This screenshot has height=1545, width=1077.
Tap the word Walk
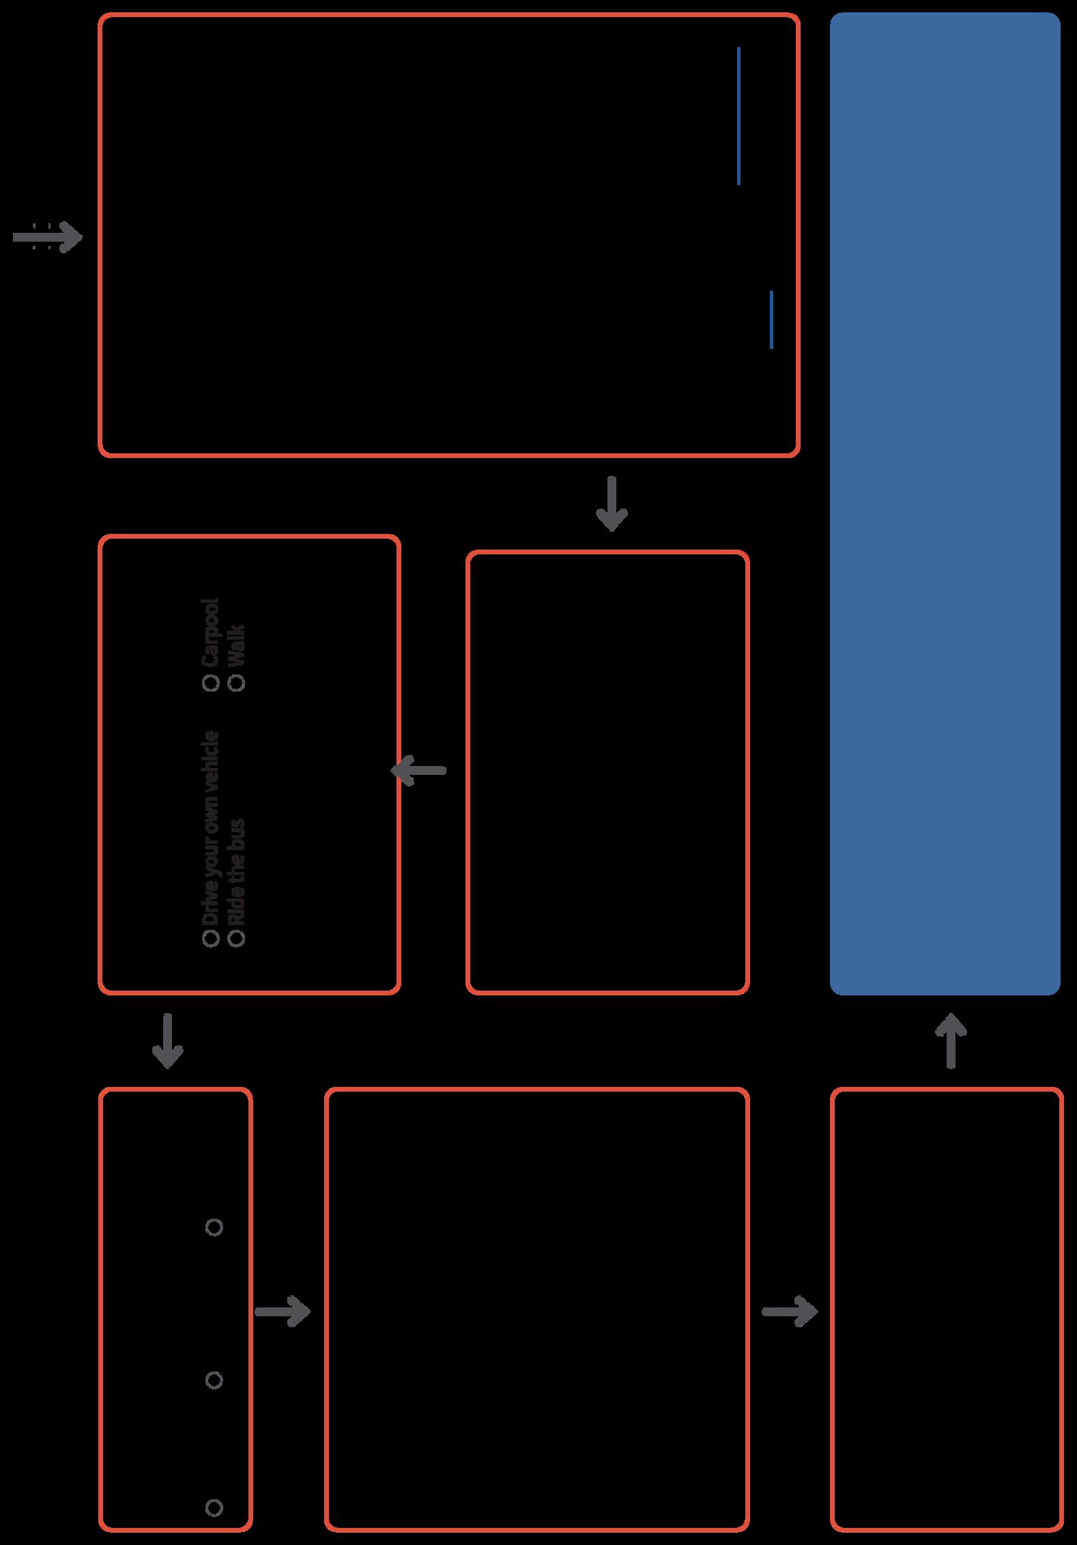click(x=237, y=645)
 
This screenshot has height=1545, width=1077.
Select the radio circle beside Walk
click(x=237, y=682)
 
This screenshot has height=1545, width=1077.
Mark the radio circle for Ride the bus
click(x=237, y=939)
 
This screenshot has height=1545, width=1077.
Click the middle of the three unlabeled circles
click(x=214, y=1380)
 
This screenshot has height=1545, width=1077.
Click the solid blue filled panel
click(x=945, y=503)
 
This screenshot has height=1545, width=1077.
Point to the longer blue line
click(x=738, y=115)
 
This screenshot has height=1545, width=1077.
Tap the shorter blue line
click(x=771, y=320)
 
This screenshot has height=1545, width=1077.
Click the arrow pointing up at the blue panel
click(x=951, y=1040)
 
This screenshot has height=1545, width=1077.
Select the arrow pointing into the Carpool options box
click(x=418, y=770)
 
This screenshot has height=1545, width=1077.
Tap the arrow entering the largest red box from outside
click(x=48, y=238)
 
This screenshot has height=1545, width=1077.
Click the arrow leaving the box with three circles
click(x=283, y=1311)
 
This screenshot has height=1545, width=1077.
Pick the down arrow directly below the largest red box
click(x=612, y=504)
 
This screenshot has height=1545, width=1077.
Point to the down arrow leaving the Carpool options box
click(x=167, y=1040)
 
